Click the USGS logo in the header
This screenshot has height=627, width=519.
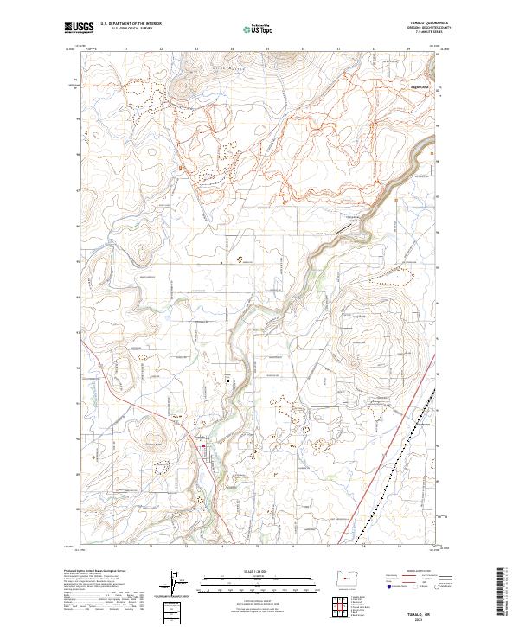pos(78,28)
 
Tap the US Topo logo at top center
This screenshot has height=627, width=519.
pos(255,29)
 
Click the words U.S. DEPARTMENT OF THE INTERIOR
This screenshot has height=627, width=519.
pos(131,24)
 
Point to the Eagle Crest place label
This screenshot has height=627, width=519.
pos(420,86)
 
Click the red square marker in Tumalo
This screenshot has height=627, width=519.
pos(204,446)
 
